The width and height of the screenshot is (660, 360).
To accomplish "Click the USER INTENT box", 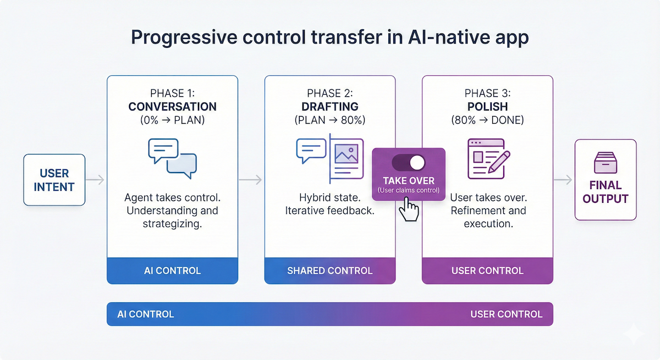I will coord(54,180).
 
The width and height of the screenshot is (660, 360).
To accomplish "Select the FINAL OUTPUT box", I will coord(605,180).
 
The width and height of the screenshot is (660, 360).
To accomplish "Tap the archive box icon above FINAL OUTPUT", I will coord(605,163).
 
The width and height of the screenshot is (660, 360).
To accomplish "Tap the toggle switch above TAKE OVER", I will coord(409,163).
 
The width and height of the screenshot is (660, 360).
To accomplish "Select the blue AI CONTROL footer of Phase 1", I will coord(172,270).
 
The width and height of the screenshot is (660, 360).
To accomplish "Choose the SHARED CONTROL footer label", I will coord(329,270).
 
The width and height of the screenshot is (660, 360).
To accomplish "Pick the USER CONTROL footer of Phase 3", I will coord(487,270).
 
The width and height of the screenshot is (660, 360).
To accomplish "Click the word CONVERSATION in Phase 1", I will coord(172,107).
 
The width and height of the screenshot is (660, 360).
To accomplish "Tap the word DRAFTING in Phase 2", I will coord(329,107).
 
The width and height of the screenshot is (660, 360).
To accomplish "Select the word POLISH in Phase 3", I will coord(487,107).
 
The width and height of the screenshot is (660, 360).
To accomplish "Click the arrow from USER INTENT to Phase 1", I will coord(96,180).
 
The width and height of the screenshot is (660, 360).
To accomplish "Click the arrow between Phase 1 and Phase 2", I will coord(251,180).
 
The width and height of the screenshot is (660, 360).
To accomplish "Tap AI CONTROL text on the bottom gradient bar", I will coord(146,314).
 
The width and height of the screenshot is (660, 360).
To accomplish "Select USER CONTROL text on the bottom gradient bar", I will coord(506,314).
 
